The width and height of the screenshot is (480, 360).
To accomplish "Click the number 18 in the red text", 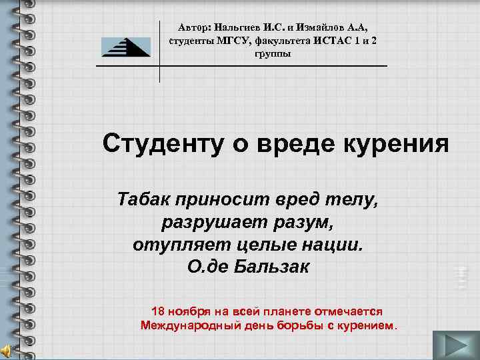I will click(x=158, y=311).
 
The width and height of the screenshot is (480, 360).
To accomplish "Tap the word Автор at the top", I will click(x=194, y=28).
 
